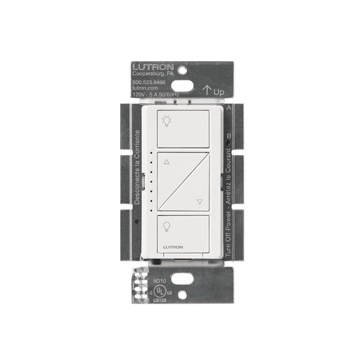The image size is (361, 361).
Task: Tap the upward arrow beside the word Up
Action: pyautogui.click(x=206, y=91)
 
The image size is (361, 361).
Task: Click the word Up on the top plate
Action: pyautogui.click(x=219, y=92)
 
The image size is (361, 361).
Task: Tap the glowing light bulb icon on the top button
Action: pyautogui.click(x=166, y=121)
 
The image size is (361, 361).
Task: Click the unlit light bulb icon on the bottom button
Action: pyautogui.click(x=166, y=226)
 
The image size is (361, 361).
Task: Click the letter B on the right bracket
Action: pyautogui.click(x=228, y=136)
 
